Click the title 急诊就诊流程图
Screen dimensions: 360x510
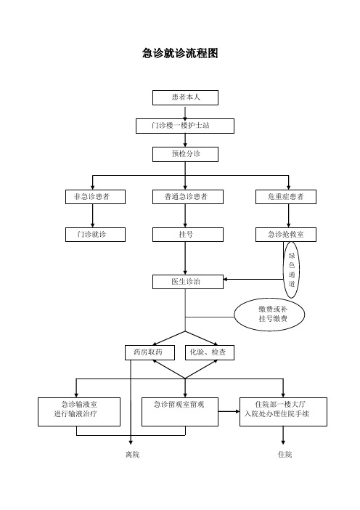pos(180,53)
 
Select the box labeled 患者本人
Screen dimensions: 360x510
pos(185,97)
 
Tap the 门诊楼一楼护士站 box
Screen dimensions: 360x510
pos(185,126)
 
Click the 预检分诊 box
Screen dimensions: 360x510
pos(185,154)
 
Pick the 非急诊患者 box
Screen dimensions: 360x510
pos(95,197)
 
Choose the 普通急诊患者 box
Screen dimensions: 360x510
pos(188,197)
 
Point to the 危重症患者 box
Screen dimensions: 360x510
pos(286,197)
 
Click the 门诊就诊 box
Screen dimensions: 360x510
pos(95,235)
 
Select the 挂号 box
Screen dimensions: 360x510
pos(188,235)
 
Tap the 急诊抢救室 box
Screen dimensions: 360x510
pos(286,235)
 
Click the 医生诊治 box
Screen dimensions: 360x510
pos(188,282)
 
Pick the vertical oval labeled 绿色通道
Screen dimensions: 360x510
pos(292,270)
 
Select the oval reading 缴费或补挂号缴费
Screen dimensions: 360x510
pos(269,314)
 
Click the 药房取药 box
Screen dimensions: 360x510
pos(150,352)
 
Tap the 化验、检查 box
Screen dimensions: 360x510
pos(210,352)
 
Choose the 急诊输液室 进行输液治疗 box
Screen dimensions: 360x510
pos(79,412)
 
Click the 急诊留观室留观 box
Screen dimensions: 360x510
pos(180,412)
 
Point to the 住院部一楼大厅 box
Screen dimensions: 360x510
pos(283,412)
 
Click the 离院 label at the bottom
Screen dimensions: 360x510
pos(133,454)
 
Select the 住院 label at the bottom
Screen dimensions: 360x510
pos(285,454)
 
